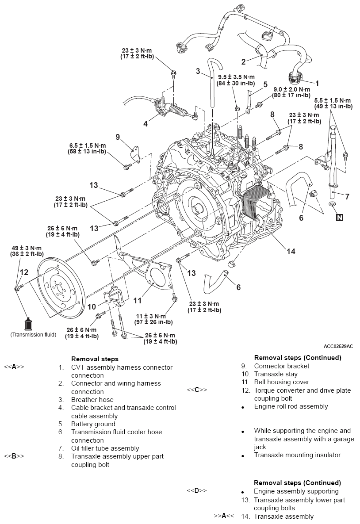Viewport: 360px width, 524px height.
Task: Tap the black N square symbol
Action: pyautogui.click(x=339, y=217)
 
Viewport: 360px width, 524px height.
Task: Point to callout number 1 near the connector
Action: pyautogui.click(x=317, y=83)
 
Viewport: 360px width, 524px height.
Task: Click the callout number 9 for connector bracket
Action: pyautogui.click(x=118, y=137)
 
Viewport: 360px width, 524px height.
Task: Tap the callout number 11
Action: pyautogui.click(x=138, y=300)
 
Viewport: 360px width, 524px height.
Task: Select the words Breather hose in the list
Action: pyautogui.click(x=92, y=399)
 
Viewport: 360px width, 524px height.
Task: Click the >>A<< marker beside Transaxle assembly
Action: pyautogui.click(x=224, y=516)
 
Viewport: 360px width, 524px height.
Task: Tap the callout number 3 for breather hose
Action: pyautogui.click(x=198, y=71)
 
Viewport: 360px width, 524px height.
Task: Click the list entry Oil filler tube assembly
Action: pyautogui.click(x=105, y=448)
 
